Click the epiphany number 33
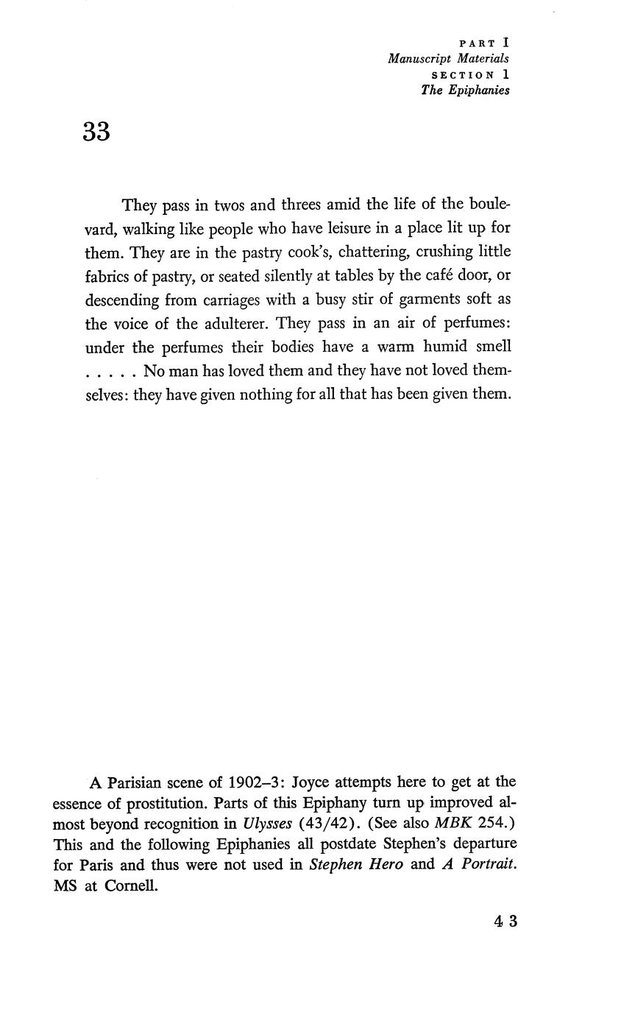tap(96, 132)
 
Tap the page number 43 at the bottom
tap(506, 921)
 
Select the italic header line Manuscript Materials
tap(448, 59)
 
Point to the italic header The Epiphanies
tap(465, 91)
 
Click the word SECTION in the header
tap(462, 75)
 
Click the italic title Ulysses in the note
tap(267, 823)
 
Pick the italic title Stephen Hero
tap(356, 865)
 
